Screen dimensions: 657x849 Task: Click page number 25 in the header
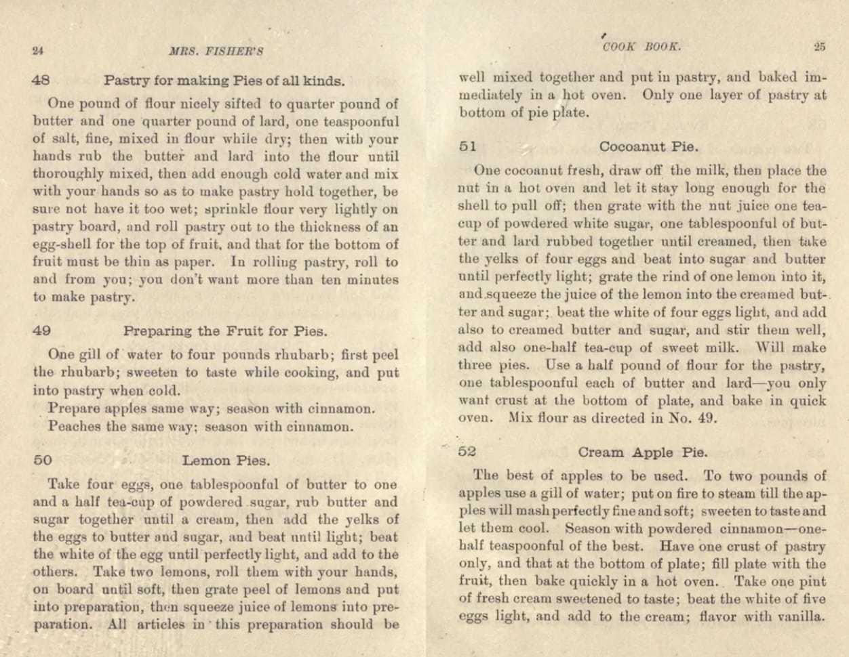(819, 47)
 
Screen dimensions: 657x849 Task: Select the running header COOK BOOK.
(641, 47)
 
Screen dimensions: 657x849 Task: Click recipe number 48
(41, 80)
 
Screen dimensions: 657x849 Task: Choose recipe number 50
(42, 461)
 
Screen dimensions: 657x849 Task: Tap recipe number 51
(467, 146)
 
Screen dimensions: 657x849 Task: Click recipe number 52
(467, 451)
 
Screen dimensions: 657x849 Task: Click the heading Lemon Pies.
(226, 461)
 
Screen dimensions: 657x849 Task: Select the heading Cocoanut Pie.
(649, 146)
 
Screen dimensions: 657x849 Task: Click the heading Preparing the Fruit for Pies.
(225, 331)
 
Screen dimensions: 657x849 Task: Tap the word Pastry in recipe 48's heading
(126, 81)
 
